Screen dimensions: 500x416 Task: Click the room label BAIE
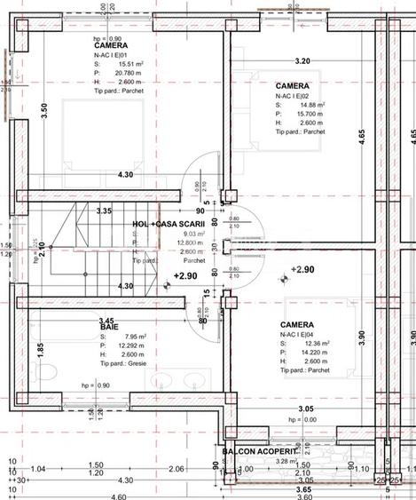[x=109, y=328]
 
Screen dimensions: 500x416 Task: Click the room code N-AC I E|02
[x=298, y=95]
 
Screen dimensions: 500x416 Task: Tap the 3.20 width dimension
[x=302, y=61]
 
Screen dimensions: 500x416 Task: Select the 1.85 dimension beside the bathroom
[x=41, y=349]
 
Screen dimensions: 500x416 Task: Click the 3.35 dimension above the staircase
[x=104, y=211]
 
